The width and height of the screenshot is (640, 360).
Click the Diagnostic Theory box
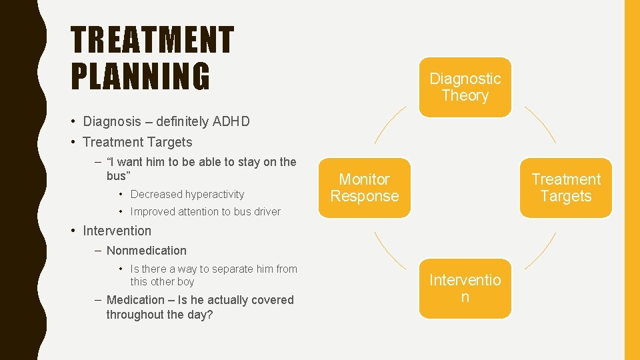(x=465, y=87)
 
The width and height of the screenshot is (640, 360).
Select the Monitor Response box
(x=365, y=187)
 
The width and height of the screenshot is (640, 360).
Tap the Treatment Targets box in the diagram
(x=565, y=187)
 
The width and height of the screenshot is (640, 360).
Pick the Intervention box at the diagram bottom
(x=465, y=289)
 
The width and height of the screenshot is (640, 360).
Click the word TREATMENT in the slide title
(x=153, y=41)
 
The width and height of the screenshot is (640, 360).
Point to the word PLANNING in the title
(x=140, y=75)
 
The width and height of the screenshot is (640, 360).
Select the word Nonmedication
(x=147, y=251)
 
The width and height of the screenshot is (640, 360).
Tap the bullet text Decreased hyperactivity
(x=187, y=195)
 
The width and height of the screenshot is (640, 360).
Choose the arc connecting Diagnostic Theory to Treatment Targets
(x=540, y=124)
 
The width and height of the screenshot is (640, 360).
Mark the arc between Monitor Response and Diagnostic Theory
(x=390, y=124)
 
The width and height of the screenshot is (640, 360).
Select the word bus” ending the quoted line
(x=119, y=176)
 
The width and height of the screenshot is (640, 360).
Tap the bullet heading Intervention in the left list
(x=117, y=231)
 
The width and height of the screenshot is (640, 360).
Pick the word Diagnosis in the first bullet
(x=111, y=121)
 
